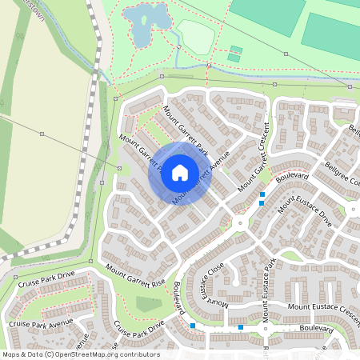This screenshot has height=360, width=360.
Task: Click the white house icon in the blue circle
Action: pos(179,172)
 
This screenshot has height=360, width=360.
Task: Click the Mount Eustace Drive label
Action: pos(305,214)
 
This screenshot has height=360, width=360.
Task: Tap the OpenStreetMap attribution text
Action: pos(80,354)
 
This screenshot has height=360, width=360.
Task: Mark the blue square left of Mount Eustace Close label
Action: pos(193,326)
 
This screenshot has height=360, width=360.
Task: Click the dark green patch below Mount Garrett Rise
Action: pos(148,305)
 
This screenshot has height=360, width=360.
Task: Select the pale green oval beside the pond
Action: pos(195,36)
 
